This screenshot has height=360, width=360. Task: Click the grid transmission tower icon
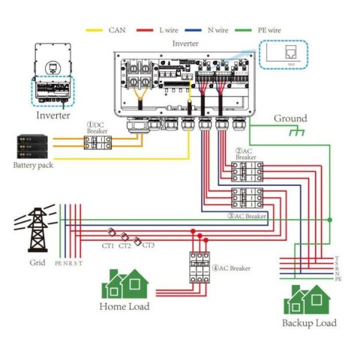point(37,228)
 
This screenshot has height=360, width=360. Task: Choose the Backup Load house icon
point(308,299)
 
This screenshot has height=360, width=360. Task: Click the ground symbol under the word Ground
point(288,133)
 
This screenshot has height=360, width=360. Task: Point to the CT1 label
point(108,245)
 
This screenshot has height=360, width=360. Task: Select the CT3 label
point(148,245)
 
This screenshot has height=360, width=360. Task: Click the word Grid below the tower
point(37,263)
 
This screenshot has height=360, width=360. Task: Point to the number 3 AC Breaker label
point(248,217)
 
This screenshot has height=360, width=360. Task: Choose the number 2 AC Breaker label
point(246,154)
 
